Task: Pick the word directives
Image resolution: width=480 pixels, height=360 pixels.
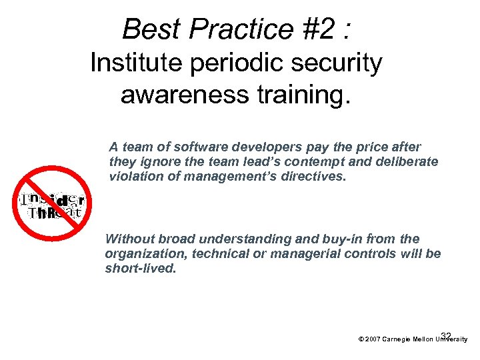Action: (x=314, y=177)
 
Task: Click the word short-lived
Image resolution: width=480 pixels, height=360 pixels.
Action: (x=141, y=269)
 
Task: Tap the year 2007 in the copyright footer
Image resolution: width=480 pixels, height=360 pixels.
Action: (x=372, y=339)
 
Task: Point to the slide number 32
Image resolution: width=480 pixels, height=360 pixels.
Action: (x=446, y=336)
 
